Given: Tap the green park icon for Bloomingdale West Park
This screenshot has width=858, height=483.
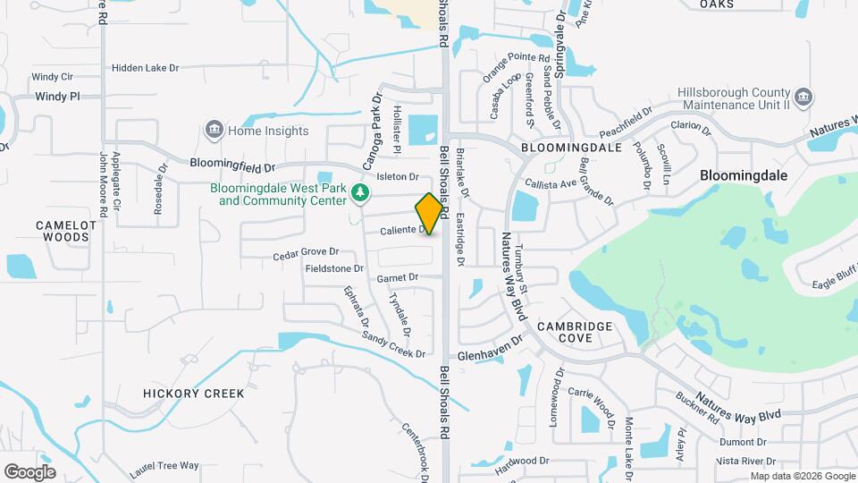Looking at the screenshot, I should point(359,192).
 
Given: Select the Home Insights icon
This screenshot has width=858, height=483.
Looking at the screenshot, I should point(214,131).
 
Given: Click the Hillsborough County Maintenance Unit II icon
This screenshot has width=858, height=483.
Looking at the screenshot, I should point(803,97).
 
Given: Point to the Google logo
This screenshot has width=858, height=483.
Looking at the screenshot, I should point(29,471).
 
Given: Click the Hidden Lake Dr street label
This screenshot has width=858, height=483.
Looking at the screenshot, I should point(146,68).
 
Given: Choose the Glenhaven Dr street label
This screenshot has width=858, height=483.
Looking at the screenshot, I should point(489,350).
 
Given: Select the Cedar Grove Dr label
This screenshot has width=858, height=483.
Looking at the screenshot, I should point(307,254).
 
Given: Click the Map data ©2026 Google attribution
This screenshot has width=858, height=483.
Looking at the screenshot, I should point(801,476).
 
